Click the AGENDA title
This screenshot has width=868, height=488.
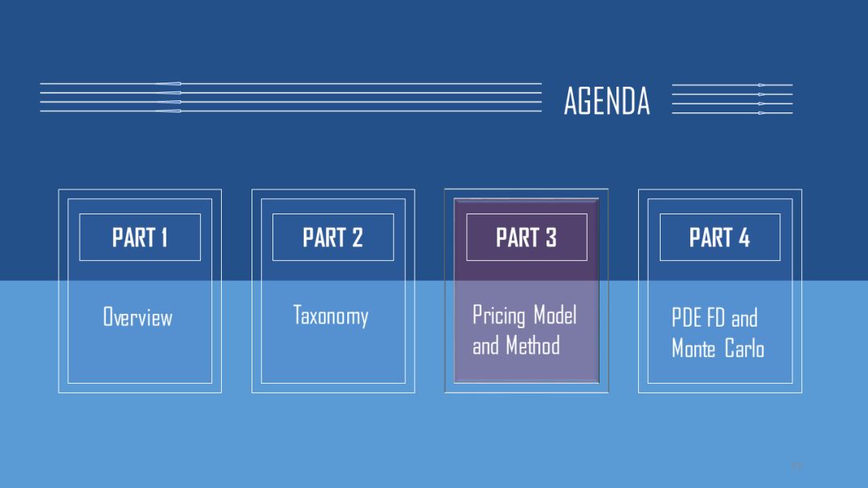click(x=607, y=101)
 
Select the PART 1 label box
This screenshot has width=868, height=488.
click(x=140, y=238)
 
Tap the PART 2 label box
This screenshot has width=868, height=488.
click(x=333, y=238)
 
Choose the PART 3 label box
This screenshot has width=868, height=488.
click(x=526, y=238)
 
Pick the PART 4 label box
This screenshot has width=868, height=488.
click(x=719, y=238)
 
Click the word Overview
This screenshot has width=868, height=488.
click(x=137, y=317)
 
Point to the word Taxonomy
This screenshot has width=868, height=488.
click(x=330, y=315)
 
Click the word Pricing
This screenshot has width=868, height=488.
click(x=500, y=315)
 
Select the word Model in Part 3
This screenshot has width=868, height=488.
click(x=555, y=315)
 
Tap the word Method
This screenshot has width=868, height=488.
click(x=533, y=346)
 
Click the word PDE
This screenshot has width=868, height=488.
click(x=687, y=318)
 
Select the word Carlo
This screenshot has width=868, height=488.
click(x=745, y=349)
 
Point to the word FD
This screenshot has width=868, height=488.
click(x=716, y=318)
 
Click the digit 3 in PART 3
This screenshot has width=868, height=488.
click(x=551, y=238)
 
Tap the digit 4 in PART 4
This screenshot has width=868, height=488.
click(x=744, y=238)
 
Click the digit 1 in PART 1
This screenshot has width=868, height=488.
click(x=163, y=238)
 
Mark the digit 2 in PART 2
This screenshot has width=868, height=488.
click(x=357, y=238)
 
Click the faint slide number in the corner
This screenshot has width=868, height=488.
click(x=796, y=466)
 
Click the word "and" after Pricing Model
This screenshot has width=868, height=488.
click(x=485, y=346)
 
